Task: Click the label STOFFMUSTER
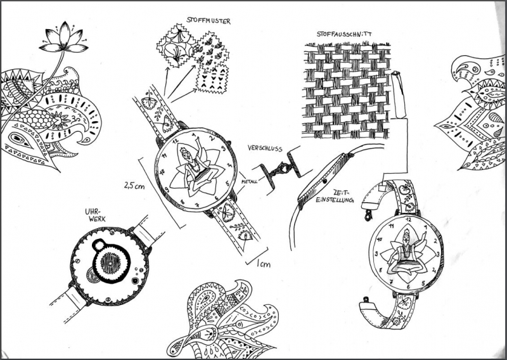coord(209,21)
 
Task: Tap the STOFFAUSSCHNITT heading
coord(344,34)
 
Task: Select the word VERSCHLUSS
coord(265,148)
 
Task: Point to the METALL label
coord(249,182)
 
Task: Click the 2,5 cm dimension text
coord(134,186)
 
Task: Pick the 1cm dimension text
coord(264,264)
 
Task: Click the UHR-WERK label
coord(95,215)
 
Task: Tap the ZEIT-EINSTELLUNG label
coord(335,196)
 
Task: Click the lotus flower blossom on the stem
coord(64,37)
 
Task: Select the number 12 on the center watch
coord(176,141)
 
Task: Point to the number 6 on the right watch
coord(408,286)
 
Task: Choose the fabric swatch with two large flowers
coord(176,46)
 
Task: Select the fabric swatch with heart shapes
coord(212,79)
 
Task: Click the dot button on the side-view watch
coord(324,181)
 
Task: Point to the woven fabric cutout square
coord(347,90)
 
